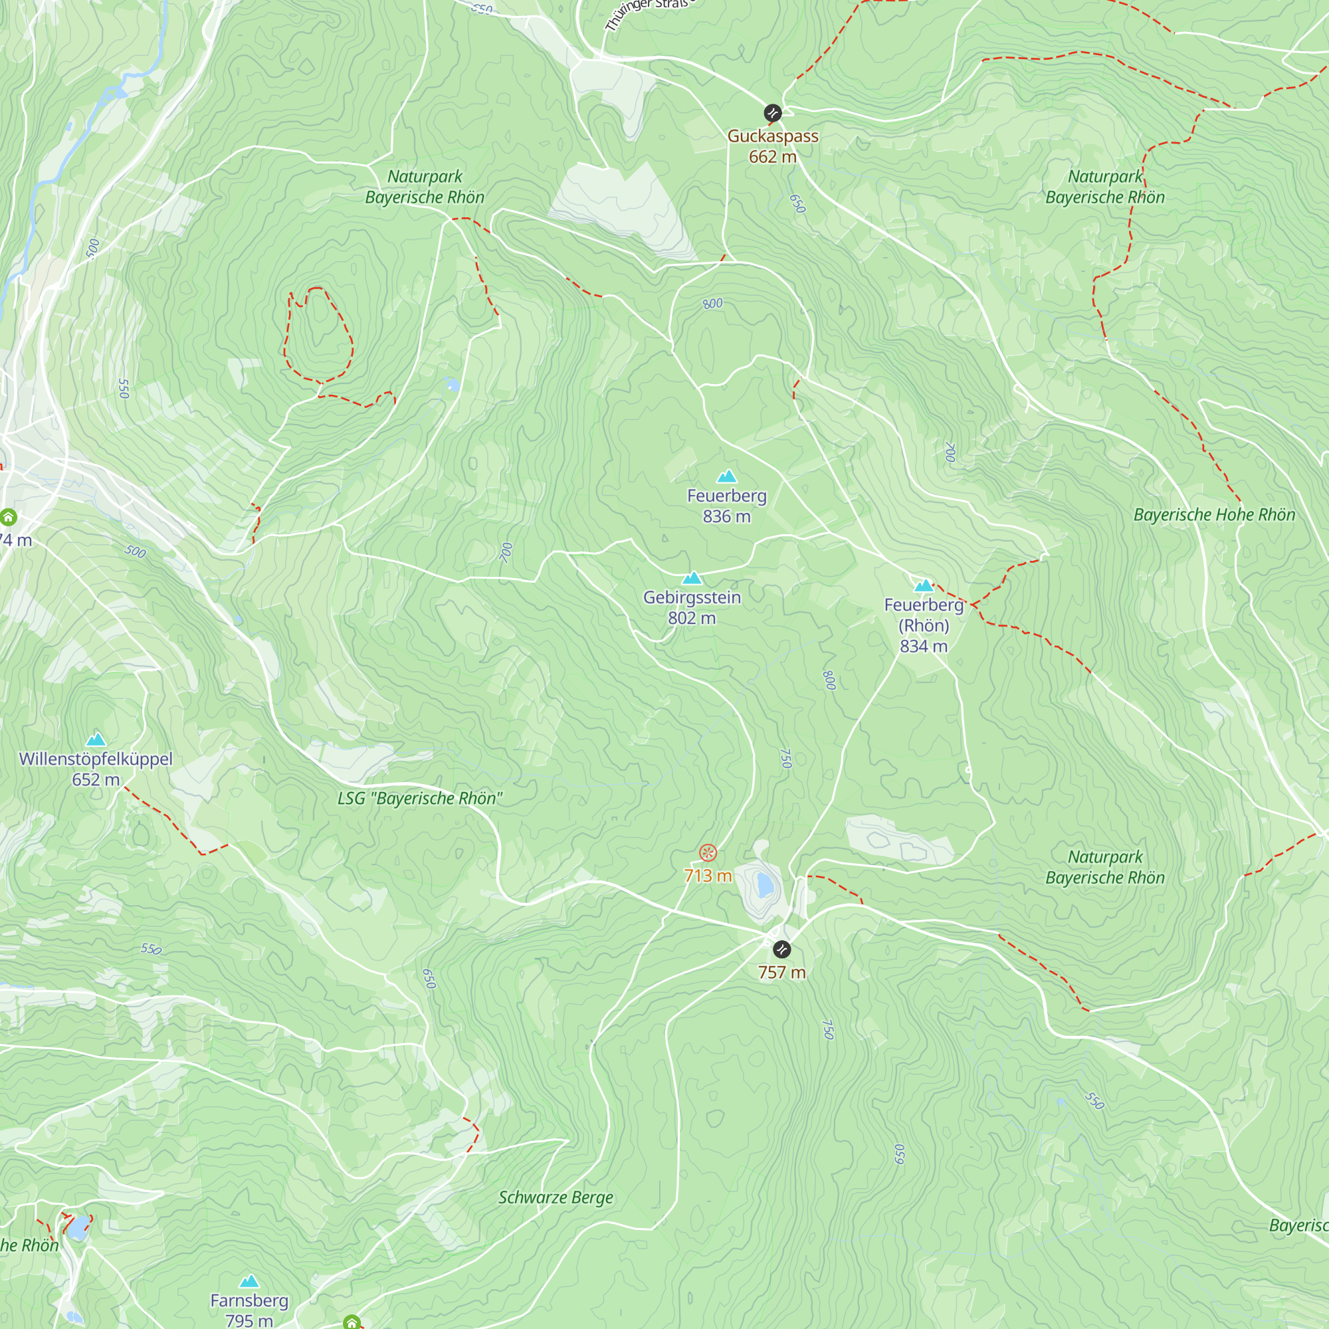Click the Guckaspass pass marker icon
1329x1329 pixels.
(x=773, y=113)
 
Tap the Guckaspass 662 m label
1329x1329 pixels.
(x=773, y=146)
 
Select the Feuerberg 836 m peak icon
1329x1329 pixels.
(x=726, y=476)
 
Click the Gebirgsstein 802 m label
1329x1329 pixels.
(x=692, y=607)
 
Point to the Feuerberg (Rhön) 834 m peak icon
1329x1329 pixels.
(x=923, y=585)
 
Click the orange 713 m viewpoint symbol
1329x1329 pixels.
(x=708, y=853)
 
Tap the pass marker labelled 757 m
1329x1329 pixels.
(x=781, y=950)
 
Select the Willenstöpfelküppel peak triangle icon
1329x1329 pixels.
(x=96, y=740)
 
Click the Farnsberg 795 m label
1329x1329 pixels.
(x=249, y=1310)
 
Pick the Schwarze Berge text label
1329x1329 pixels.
(x=555, y=1197)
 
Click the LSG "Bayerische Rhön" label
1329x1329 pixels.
(x=419, y=798)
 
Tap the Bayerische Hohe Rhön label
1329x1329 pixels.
(x=1214, y=514)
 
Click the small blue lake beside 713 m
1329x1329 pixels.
(x=764, y=884)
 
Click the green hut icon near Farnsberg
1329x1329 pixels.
(x=352, y=1322)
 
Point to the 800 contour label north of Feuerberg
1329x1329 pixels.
(x=712, y=304)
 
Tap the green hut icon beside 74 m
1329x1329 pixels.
(x=8, y=516)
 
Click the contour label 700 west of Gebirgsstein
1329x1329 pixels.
(x=506, y=552)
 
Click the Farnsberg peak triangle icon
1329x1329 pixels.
(x=249, y=1281)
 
